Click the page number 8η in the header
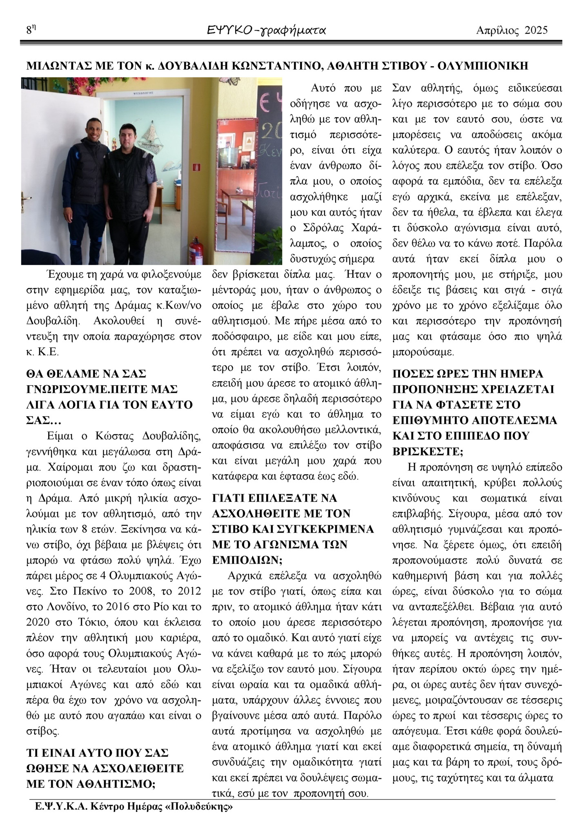(31, 30)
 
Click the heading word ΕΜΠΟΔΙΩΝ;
(247, 560)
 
